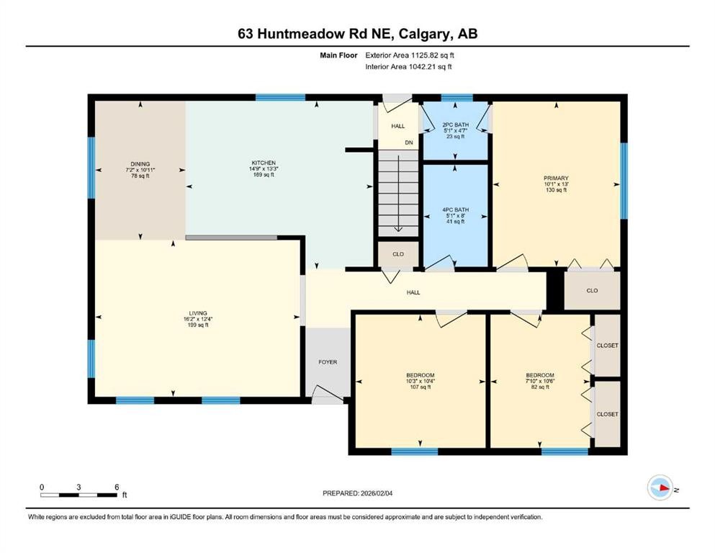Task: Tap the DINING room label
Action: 140,163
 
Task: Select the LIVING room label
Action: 193,313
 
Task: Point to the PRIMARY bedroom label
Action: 556,178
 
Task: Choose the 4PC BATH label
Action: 455,210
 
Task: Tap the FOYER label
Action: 328,362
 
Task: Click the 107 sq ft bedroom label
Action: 420,376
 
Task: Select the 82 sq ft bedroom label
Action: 539,376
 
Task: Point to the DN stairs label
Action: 408,143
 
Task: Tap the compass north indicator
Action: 660,489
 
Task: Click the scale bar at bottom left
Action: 79,494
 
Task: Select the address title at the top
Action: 357,33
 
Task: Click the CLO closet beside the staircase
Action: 397,254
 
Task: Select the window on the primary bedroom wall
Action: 624,180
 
